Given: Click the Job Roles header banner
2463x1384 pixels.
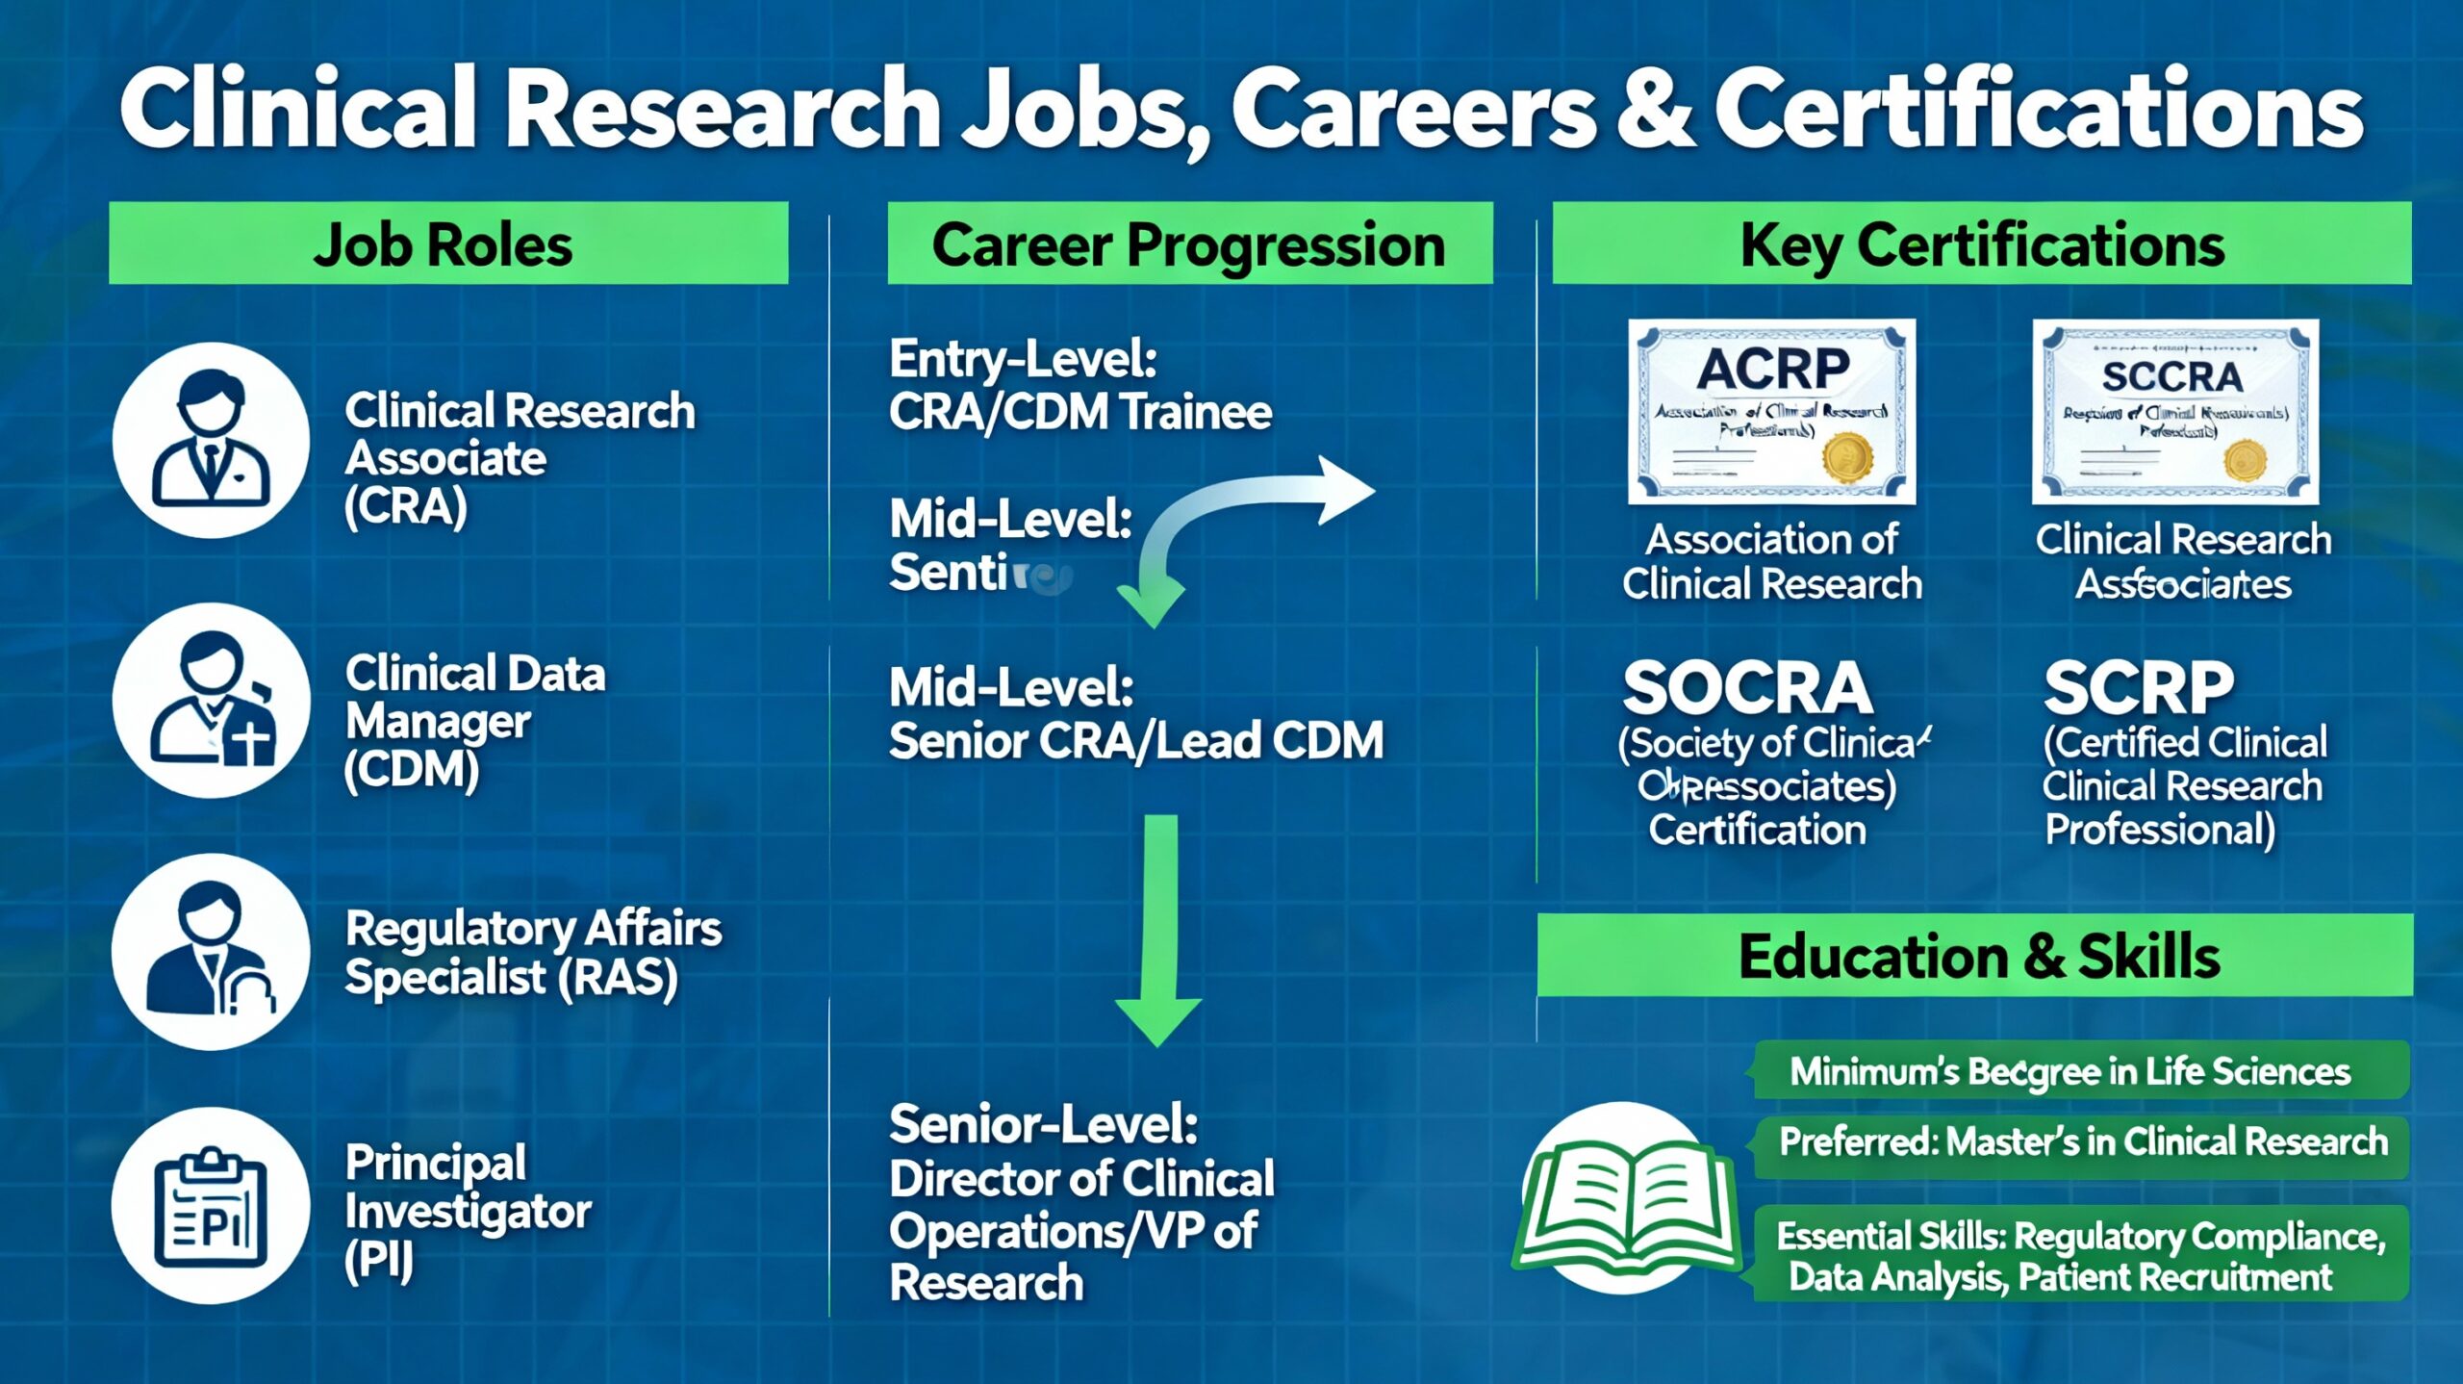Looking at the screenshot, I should coord(448,243).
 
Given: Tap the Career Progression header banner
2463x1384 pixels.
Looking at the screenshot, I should coord(1189,243).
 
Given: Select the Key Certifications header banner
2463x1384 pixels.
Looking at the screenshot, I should coord(1981,243).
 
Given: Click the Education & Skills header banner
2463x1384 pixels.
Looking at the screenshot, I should coord(1974,955).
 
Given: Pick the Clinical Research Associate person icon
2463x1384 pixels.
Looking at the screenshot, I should coord(211,440).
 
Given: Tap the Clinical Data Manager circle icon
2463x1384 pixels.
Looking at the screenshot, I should coord(211,700).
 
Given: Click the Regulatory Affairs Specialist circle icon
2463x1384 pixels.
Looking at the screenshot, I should coord(211,951).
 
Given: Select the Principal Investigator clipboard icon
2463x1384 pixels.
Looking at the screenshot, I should coord(211,1205).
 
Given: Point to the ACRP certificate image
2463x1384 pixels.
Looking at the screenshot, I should coord(1771,411).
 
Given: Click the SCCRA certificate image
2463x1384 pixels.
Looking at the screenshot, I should coord(2174,411).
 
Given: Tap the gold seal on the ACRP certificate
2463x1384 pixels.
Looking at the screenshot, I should coord(1847,456).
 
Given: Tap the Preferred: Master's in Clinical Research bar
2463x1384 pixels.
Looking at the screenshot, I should coord(2082,1142).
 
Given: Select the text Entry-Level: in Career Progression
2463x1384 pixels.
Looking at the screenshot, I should coord(1023,359).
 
